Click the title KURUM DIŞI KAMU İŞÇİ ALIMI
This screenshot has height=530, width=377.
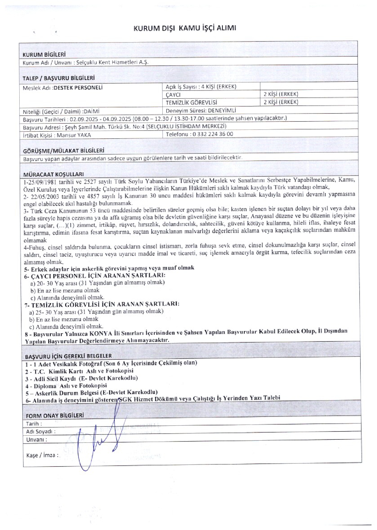pos(185,28)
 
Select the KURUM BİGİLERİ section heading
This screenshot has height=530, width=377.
pos(44,55)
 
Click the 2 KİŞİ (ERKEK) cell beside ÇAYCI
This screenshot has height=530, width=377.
pos(281,94)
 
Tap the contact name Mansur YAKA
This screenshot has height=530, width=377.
pos(74,135)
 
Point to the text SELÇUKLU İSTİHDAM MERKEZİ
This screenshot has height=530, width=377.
pos(186,127)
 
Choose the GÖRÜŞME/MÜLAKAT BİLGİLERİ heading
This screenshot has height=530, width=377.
pos(64,151)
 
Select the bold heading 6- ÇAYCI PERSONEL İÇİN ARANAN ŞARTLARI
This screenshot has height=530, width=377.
pos(95,276)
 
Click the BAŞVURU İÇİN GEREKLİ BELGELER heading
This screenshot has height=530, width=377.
pos(68,356)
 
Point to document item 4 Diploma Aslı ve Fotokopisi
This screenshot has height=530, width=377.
pos(66,386)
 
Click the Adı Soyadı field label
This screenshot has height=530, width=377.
pos(41,431)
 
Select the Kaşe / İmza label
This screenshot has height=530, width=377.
pos(43,455)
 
